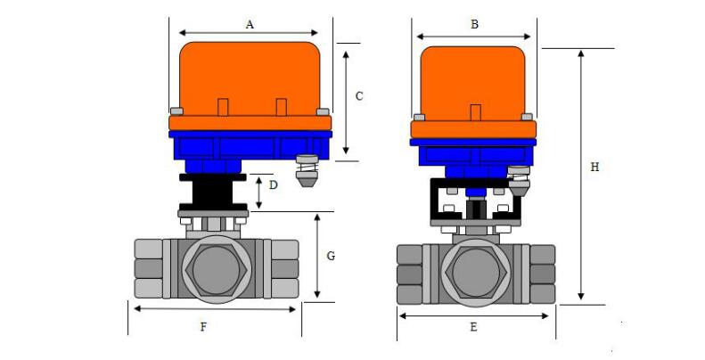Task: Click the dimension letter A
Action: (x=250, y=25)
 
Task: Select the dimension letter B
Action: (x=474, y=24)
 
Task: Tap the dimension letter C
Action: (x=358, y=95)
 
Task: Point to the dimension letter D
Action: (x=274, y=185)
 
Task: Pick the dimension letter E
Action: (x=473, y=327)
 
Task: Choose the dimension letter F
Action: (x=203, y=327)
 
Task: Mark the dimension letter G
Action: (x=331, y=256)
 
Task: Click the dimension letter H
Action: (x=594, y=166)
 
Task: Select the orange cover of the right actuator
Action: (x=473, y=85)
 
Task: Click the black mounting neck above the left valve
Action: (x=212, y=190)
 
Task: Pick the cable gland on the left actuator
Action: (x=307, y=169)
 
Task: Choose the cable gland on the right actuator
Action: (x=519, y=183)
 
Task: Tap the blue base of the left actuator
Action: (x=250, y=144)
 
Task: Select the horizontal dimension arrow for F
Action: (x=214, y=309)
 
